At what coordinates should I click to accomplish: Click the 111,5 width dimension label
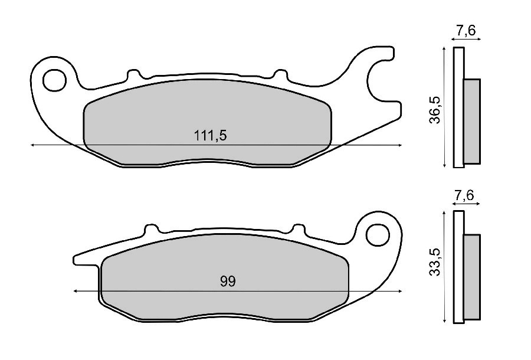click(x=210, y=136)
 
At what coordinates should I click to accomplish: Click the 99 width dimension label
click(x=228, y=282)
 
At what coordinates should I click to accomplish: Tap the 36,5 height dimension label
click(x=435, y=110)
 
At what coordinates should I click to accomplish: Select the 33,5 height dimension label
click(x=435, y=262)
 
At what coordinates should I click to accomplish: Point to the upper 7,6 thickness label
click(x=466, y=31)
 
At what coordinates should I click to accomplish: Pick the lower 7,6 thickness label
click(x=464, y=195)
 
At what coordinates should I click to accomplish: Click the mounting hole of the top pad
click(x=54, y=80)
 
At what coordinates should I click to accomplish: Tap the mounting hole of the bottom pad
click(x=378, y=235)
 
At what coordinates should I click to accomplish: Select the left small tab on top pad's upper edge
click(x=133, y=74)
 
